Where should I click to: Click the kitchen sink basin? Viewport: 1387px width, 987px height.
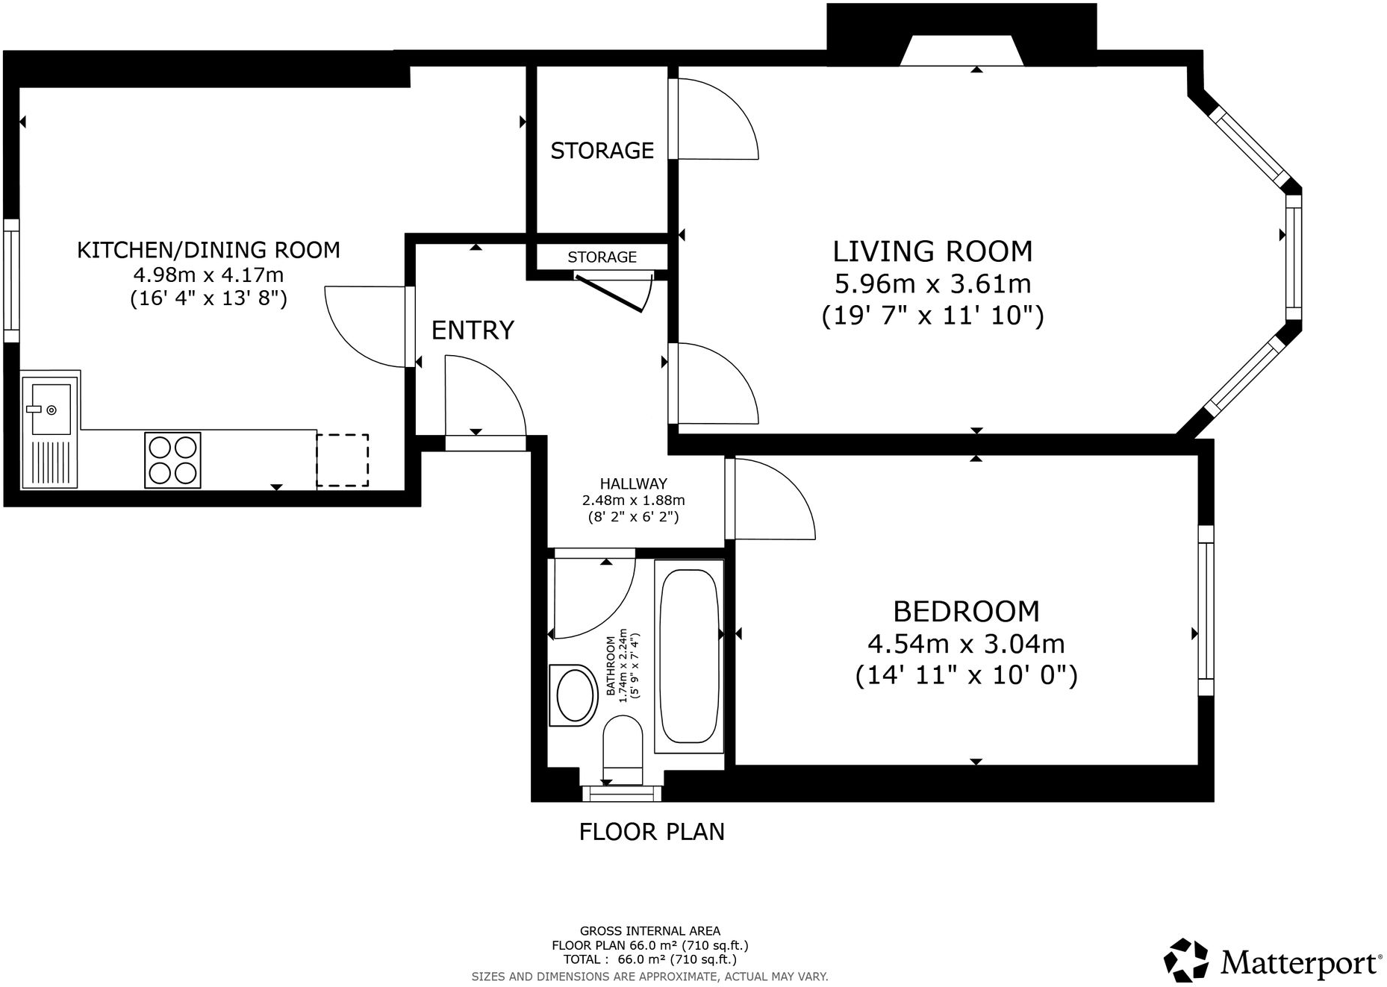tap(50, 410)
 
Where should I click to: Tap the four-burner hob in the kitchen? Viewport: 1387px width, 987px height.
tap(172, 460)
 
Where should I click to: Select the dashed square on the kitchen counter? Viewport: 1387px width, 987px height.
tap(342, 460)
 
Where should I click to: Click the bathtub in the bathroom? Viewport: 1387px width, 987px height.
tap(689, 657)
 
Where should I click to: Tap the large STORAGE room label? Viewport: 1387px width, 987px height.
tap(602, 151)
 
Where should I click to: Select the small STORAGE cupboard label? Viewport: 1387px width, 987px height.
tap(602, 257)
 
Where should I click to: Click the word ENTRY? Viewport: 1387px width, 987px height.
tap(473, 330)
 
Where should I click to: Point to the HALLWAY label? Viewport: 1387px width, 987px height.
tap(633, 483)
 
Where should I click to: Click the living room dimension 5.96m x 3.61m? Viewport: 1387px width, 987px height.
tap(932, 284)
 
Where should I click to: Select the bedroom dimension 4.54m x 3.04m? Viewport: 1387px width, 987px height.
tap(966, 643)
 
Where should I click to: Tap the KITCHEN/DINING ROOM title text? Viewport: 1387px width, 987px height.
tap(208, 250)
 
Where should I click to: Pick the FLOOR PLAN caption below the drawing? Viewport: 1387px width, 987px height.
tap(652, 832)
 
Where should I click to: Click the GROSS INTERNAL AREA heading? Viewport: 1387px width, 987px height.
tap(649, 930)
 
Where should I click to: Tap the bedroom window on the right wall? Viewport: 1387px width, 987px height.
tap(1206, 610)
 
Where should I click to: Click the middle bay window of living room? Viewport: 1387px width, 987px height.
tap(1294, 257)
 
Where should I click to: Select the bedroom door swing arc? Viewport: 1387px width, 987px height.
tap(784, 492)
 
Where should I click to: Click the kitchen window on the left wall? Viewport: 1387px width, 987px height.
tap(11, 281)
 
